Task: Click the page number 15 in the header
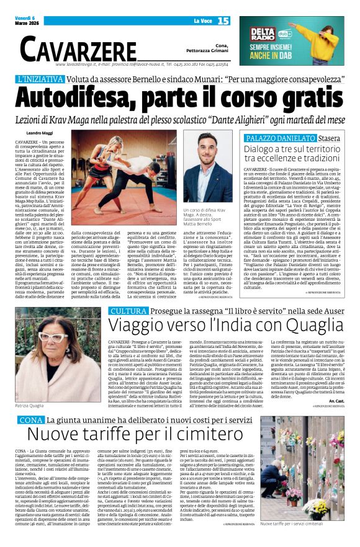click(x=224, y=21)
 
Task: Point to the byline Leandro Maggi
click(x=40, y=133)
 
